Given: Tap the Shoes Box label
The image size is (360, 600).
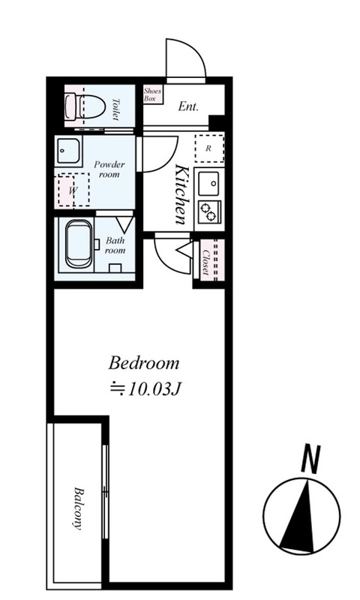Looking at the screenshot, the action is (152, 94).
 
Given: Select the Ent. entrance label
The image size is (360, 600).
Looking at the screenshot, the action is (188, 106).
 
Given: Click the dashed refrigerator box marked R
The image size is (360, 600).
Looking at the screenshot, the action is (209, 148).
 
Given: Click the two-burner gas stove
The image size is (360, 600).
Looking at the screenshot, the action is (210, 211).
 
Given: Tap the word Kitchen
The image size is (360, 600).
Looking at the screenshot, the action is (181, 194).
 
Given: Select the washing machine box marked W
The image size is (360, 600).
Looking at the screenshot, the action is (73, 190).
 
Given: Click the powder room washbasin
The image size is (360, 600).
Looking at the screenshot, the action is (69, 151).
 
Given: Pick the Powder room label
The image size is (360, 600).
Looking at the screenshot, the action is (109, 169).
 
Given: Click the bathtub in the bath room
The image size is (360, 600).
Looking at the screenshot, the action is (79, 244).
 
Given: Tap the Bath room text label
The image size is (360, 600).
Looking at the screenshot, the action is (115, 246).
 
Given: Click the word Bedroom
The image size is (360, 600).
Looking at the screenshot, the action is (144, 363).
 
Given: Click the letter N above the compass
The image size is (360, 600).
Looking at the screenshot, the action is (310, 459).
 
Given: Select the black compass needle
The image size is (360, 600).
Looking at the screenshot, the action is (299, 517).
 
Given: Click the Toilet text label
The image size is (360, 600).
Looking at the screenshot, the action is (116, 109).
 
